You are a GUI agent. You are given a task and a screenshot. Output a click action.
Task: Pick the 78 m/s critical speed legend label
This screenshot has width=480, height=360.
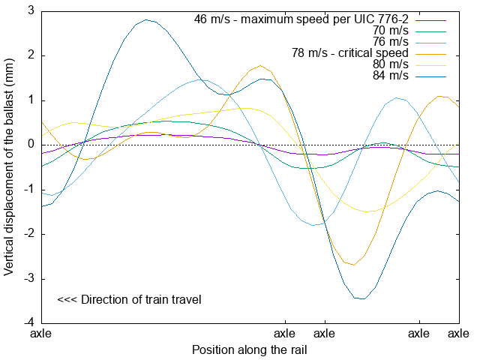pos(349,52)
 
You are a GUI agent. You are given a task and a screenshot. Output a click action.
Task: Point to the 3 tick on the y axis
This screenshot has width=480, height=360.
pos(31,10)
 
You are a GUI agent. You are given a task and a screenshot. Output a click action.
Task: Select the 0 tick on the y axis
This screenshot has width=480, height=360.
pos(31,145)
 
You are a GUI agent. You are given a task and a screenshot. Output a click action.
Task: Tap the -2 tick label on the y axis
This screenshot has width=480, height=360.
pos(28,234)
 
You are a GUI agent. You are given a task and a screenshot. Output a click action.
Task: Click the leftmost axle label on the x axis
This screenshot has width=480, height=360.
pos(40,333)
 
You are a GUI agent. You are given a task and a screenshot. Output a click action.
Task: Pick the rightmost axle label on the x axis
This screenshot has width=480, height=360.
pos(458,333)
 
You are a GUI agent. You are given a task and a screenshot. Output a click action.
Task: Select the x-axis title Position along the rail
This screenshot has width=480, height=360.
pos(250,349)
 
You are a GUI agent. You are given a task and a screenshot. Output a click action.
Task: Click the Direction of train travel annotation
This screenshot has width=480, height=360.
pos(129,300)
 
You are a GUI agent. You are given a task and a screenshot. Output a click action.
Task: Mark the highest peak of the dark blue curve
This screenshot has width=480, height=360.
pos(146,19)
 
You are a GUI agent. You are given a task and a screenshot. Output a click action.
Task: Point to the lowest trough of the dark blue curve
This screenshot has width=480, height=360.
pos(362,298)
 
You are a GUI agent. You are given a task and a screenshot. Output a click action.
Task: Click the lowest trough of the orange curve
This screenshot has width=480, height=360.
pos(352,265)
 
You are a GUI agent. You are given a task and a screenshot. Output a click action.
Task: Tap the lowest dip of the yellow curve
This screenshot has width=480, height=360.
pos(368,211)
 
